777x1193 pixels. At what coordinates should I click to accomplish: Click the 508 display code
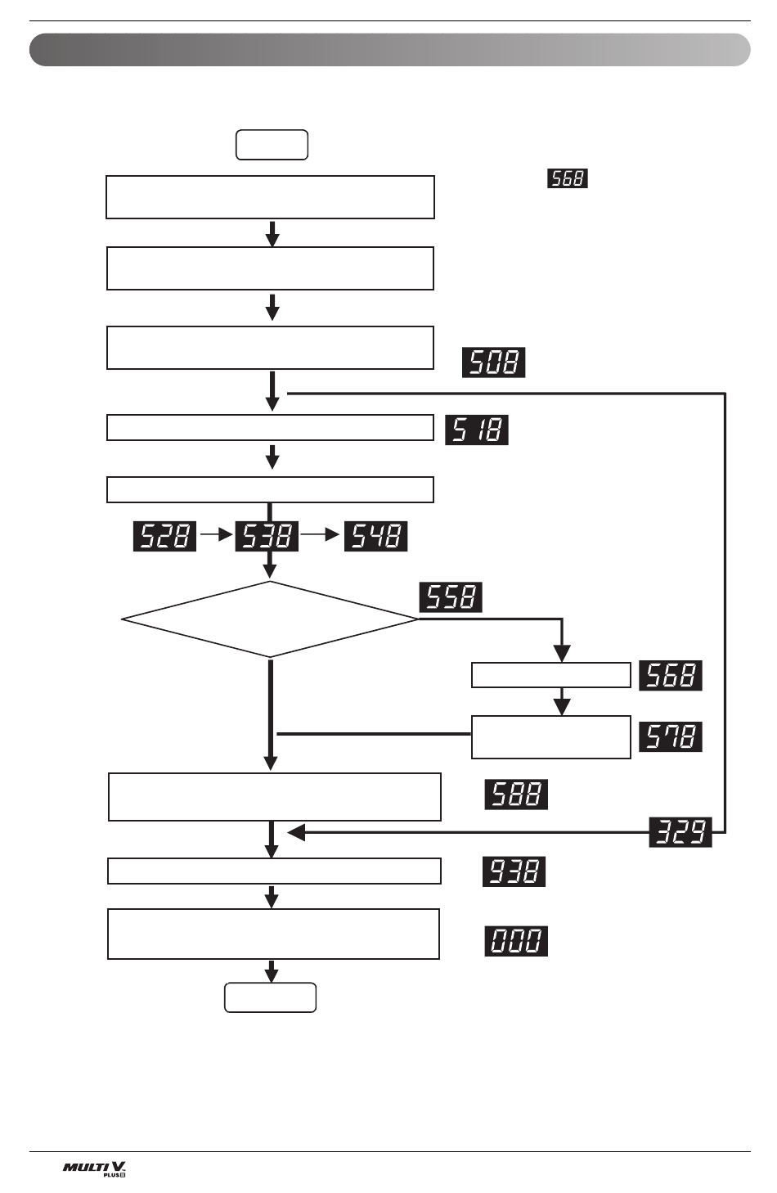click(x=493, y=362)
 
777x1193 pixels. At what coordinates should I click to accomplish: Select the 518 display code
click(x=476, y=430)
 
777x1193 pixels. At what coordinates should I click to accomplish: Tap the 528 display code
click(x=164, y=536)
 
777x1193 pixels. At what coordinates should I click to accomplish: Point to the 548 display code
click(x=375, y=536)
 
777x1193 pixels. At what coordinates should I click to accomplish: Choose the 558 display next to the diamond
click(x=451, y=597)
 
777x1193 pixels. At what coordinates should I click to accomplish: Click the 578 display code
click(x=670, y=736)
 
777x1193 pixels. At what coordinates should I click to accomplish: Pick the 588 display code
click(x=516, y=795)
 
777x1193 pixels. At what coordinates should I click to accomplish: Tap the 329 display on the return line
click(x=680, y=832)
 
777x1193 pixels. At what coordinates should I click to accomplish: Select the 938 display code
click(x=514, y=871)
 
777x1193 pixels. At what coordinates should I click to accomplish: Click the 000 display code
click(x=516, y=941)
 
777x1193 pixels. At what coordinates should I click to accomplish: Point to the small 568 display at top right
click(x=568, y=178)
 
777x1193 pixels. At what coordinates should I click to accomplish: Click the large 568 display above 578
click(x=670, y=676)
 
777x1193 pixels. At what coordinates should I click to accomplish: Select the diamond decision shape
click(x=270, y=619)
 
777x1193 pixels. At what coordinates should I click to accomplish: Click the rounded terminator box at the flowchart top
click(x=272, y=145)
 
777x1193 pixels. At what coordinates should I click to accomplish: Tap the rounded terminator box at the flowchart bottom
click(x=270, y=997)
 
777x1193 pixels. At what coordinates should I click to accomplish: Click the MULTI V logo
click(x=95, y=1168)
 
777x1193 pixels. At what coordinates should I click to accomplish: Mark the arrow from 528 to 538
click(x=216, y=535)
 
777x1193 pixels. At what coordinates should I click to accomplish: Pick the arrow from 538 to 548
click(x=321, y=535)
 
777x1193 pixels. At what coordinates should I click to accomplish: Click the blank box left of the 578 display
click(x=550, y=736)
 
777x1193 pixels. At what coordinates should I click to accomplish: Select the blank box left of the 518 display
click(x=270, y=428)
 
